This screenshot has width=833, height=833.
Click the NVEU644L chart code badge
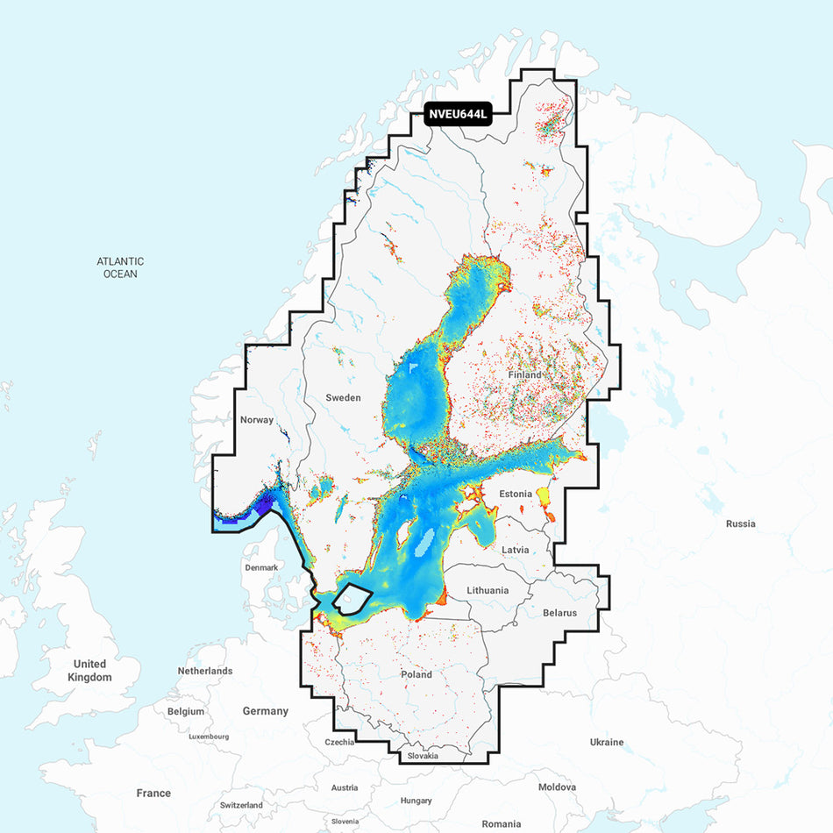pos(458,114)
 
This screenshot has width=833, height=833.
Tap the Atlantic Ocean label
pos(121,267)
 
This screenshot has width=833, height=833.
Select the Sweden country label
pos(343,397)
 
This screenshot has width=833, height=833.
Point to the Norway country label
pos(257,420)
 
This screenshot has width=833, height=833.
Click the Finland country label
pos(524,374)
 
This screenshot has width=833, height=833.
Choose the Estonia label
pos(516,494)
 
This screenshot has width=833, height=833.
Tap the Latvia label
pos(516,550)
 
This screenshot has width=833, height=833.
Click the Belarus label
pos(559,613)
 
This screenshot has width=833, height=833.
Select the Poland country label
pos(416,674)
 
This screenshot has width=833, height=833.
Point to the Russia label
pos(740,523)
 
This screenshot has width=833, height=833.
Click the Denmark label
pos(261,567)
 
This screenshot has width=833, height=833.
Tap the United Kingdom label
pos(91,670)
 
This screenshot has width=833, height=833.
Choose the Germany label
pos(266,711)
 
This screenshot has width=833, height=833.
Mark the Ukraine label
pos(607,742)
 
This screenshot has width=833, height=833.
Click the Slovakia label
pos(423,756)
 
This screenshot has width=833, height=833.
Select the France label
pos(153,793)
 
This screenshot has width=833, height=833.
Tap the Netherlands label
pos(205,671)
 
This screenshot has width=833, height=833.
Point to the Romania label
pos(502,823)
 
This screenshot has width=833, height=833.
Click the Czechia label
pos(339,742)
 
